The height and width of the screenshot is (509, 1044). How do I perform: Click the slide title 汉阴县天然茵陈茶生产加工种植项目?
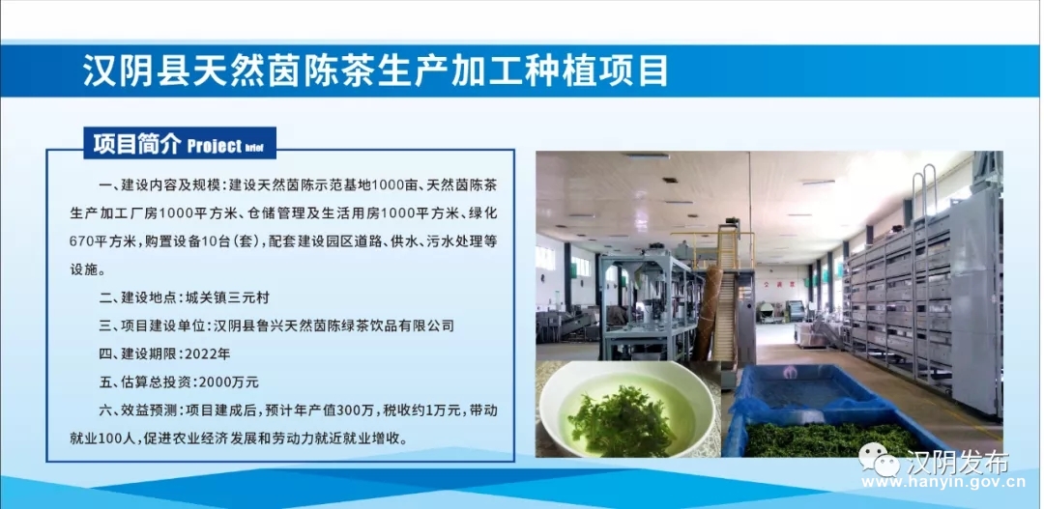pyautogui.click(x=375, y=71)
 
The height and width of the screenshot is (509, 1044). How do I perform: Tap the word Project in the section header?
pyautogui.click(x=215, y=146)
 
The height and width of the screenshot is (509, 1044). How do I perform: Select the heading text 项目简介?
pyautogui.click(x=137, y=144)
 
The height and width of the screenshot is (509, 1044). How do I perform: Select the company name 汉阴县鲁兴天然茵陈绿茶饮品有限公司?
pyautogui.click(x=333, y=326)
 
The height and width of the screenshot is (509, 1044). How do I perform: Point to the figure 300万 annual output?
pyautogui.click(x=359, y=410)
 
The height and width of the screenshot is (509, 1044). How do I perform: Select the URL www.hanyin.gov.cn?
pyautogui.click(x=944, y=482)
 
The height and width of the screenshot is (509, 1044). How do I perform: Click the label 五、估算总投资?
pyautogui.click(x=143, y=382)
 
